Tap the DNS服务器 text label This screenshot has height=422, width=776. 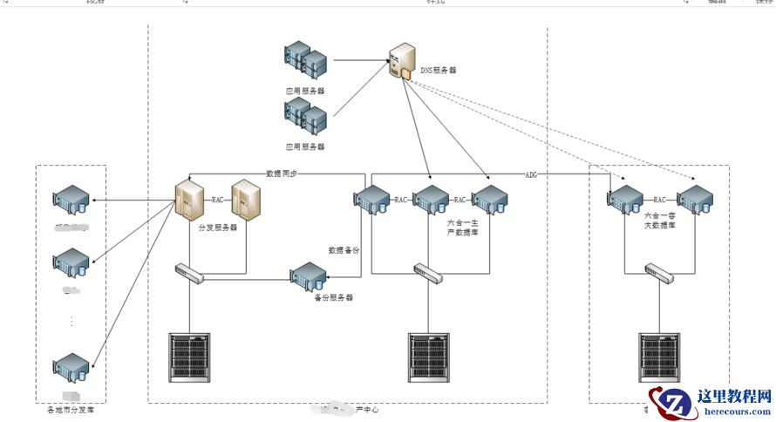(439, 70)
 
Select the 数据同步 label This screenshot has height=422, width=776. (282, 173)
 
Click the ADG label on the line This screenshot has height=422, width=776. (531, 174)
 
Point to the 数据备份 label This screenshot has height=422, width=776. (344, 250)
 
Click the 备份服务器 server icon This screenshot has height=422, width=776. (309, 277)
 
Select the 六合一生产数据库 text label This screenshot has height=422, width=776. (462, 228)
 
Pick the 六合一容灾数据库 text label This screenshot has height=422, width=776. (661, 220)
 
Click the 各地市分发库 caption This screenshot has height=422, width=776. (70, 409)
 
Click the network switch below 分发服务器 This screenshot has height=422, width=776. (189, 274)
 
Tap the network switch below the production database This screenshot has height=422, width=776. (428, 274)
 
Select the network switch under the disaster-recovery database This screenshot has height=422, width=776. (660, 274)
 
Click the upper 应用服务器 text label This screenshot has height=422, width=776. (304, 90)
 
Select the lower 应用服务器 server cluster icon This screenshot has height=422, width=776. (304, 116)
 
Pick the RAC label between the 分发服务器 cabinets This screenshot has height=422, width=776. (218, 200)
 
